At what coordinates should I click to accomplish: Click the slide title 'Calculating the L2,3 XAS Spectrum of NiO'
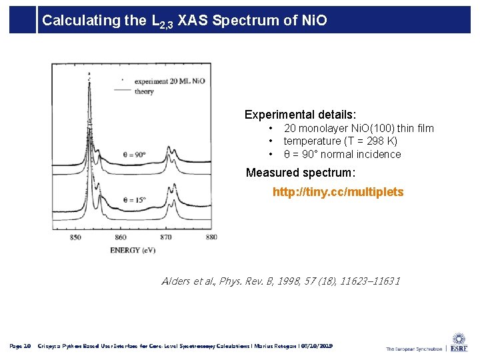tap(185, 21)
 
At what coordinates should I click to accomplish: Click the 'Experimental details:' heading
tap(300, 115)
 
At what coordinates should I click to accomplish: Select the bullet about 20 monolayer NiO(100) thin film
tap(358, 128)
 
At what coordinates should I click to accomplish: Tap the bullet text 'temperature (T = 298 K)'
tap(340, 141)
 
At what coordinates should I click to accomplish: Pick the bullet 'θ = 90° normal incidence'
tap(342, 155)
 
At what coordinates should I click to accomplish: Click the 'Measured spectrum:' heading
tap(301, 173)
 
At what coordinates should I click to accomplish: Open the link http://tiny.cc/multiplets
tap(338, 192)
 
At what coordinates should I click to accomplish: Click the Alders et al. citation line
tap(281, 281)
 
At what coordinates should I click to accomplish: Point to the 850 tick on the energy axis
tap(75, 237)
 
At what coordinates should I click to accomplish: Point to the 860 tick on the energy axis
tap(120, 237)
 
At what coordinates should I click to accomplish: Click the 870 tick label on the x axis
tap(165, 237)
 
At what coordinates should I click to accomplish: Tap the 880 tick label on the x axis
tap(210, 237)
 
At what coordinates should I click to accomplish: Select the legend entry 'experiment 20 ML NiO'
tap(169, 81)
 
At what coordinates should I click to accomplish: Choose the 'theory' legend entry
tap(144, 91)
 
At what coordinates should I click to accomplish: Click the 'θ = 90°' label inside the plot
tap(134, 155)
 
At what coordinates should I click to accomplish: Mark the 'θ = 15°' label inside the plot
tap(134, 199)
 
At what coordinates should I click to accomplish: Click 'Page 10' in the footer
tap(20, 347)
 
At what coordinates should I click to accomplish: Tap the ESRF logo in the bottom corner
tap(458, 343)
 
